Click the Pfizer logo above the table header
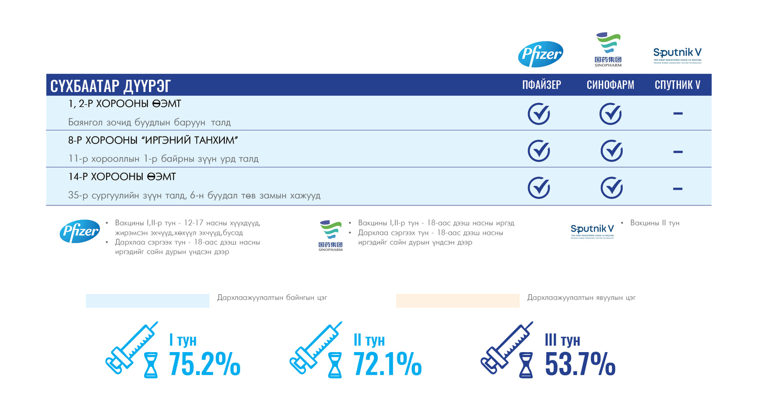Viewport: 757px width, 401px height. [540, 54]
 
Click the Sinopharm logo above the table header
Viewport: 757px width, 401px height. [608, 50]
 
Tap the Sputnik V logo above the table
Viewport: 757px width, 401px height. [677, 55]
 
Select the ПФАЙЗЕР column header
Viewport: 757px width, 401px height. [541, 85]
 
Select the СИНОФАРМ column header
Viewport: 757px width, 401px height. [610, 85]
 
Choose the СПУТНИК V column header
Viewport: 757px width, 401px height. [677, 85]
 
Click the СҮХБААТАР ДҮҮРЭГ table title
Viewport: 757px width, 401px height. [110, 86]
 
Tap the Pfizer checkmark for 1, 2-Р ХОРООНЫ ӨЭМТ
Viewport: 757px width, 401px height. [539, 114]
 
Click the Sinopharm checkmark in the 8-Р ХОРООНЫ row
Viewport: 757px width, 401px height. [611, 151]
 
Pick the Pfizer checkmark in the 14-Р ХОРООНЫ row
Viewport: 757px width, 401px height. [539, 187]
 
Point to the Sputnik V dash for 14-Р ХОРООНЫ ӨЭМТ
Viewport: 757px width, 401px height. [678, 189]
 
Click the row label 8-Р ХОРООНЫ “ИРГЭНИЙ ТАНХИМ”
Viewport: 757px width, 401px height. [153, 140]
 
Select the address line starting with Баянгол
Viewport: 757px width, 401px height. [149, 122]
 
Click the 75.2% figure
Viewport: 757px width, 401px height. [204, 364]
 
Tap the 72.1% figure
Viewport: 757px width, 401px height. [387, 364]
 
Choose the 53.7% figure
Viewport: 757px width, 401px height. [580, 364]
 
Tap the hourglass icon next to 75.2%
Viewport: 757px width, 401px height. [151, 365]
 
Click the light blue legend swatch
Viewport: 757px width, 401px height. [147, 301]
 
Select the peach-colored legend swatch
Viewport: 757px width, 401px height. [457, 301]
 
